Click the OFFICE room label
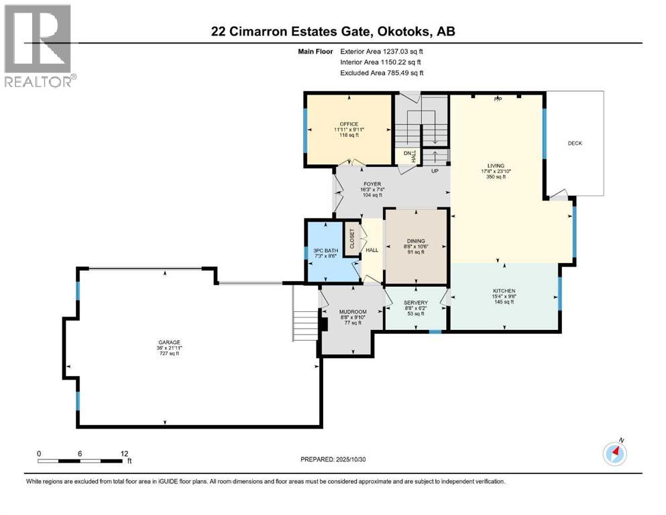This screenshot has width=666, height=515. pos(349,124)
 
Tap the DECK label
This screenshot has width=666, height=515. pos(575,143)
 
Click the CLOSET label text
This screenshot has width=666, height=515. pos(352,239)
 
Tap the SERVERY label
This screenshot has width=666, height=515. pos(416,302)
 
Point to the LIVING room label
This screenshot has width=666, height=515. pos(496,166)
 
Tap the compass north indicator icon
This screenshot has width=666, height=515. pos(614,453)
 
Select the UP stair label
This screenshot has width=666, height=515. pos(435,170)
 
